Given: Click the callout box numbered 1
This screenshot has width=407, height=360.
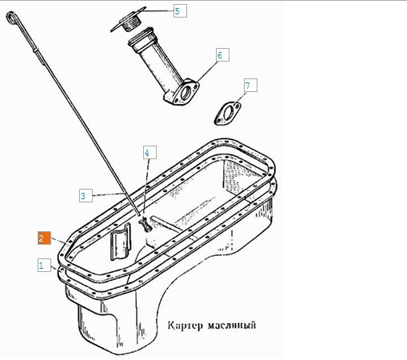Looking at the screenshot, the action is (44, 265).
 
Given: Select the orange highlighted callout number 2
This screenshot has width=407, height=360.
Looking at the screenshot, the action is (44, 238).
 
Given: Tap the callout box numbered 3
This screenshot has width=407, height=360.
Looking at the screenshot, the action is (86, 195).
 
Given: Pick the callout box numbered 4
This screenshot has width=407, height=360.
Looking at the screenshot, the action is (150, 153).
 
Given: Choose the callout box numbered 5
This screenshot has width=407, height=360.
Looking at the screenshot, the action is (180, 11).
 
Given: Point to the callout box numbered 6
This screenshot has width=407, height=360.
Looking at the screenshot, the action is (222, 55).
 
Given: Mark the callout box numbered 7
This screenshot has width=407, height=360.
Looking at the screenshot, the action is (250, 86).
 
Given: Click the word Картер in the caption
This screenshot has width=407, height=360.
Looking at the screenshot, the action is (185, 326).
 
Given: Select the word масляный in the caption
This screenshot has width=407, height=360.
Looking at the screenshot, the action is (232, 326).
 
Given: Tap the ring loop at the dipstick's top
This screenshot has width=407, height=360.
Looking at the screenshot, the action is (10, 18).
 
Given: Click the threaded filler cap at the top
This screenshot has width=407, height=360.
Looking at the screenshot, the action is (129, 20).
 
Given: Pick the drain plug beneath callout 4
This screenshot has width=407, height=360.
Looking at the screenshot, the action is (146, 226).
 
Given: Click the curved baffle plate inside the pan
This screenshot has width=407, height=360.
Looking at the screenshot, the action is (121, 242).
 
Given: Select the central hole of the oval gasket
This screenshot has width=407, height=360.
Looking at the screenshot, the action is (228, 113).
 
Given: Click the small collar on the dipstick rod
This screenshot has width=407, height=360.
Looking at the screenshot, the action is (36, 50).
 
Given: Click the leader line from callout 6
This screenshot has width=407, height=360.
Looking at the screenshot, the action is (207, 71).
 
